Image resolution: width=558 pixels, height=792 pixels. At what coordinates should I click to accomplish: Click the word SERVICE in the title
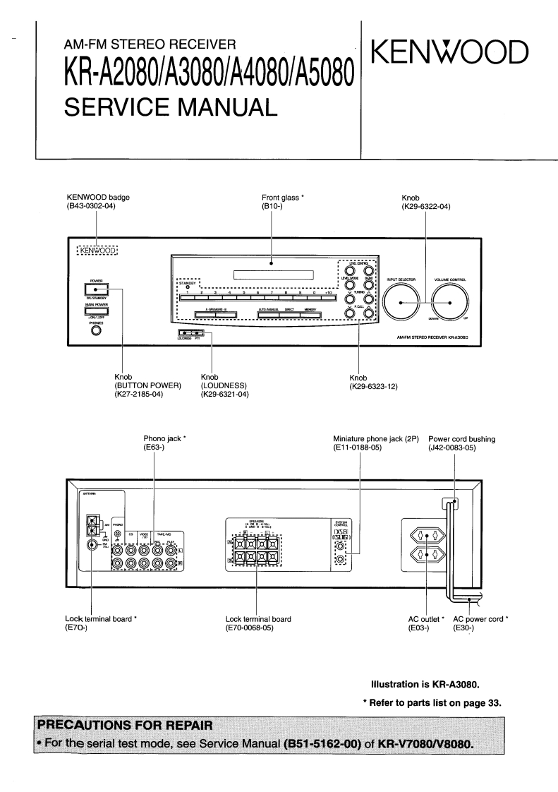tap(120, 107)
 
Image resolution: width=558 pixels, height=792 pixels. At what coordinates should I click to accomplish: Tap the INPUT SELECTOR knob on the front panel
tap(401, 302)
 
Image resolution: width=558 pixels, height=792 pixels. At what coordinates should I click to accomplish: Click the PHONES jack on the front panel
tap(96, 332)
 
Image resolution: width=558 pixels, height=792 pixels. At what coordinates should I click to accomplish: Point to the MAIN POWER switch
tap(96, 311)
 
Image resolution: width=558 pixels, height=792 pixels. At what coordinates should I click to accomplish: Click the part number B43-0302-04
tap(90, 206)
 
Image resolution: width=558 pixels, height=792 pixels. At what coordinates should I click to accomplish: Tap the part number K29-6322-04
tap(425, 206)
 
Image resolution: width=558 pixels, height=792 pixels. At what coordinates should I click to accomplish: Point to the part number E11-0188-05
tap(358, 448)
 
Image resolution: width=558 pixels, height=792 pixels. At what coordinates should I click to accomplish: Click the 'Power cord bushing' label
tap(461, 439)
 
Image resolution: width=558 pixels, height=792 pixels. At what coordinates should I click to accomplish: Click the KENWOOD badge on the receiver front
tap(97, 250)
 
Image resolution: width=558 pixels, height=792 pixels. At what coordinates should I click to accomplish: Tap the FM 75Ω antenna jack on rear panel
tap(91, 544)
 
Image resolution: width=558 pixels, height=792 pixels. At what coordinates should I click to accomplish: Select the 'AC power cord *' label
tap(480, 619)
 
